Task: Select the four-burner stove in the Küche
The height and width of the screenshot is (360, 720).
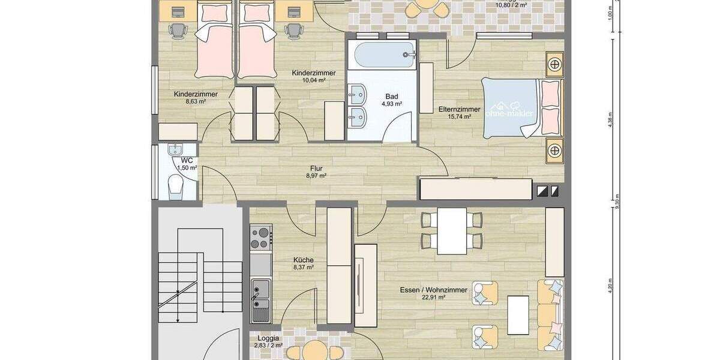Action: (260, 237)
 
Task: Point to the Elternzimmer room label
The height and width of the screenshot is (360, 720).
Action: (459, 109)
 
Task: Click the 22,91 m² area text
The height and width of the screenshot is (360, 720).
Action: (433, 297)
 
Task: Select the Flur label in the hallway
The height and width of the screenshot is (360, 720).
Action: (317, 169)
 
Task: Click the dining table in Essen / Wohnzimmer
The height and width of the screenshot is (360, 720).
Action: (451, 230)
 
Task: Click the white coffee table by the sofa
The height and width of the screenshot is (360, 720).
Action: (518, 315)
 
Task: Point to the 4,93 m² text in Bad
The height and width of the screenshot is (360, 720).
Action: (391, 103)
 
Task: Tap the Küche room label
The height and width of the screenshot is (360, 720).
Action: (303, 260)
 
